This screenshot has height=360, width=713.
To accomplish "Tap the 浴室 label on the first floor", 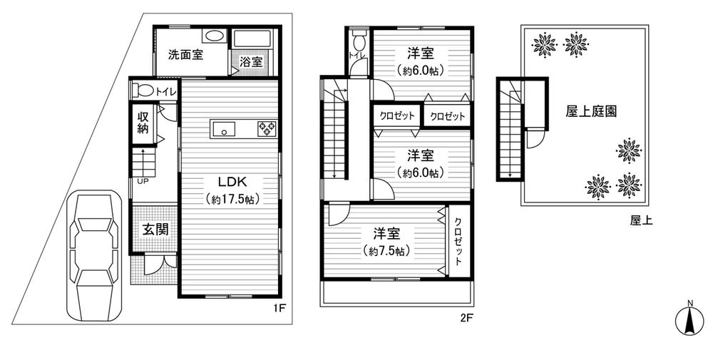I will (x=250, y=62).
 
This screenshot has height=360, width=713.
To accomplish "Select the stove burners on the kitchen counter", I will (x=267, y=128).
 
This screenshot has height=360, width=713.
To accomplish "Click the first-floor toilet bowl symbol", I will (x=145, y=91).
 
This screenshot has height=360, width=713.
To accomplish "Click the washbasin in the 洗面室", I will (x=212, y=36).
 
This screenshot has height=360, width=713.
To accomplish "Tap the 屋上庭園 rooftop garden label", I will (x=591, y=112).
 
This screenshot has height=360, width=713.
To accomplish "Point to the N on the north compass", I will (x=689, y=304).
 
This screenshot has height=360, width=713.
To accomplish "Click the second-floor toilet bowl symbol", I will (x=357, y=37).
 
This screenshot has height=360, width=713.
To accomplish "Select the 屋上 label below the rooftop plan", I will (x=641, y=221).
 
